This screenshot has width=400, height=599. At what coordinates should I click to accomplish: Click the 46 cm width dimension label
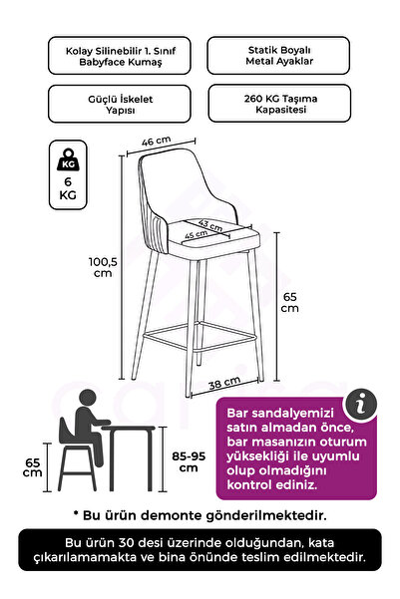click(156, 141)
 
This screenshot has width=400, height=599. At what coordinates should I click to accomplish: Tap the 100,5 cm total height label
click(103, 267)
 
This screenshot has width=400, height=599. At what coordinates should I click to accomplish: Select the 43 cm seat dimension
click(210, 225)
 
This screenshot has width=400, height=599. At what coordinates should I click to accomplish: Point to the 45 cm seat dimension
click(197, 234)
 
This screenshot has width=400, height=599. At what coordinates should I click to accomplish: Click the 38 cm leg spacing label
click(224, 383)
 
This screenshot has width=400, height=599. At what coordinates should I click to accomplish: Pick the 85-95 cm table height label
click(189, 461)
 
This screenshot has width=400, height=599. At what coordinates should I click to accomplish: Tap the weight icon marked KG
click(68, 159)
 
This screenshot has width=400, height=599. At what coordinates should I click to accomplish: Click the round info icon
click(361, 405)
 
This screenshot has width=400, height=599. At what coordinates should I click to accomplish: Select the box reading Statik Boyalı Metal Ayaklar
click(278, 56)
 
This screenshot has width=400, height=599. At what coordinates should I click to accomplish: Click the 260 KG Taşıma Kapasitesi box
click(279, 104)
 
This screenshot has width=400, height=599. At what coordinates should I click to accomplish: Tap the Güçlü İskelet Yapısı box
click(120, 104)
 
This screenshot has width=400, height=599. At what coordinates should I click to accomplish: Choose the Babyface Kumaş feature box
click(120, 56)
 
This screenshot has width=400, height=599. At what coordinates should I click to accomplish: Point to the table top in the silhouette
click(129, 428)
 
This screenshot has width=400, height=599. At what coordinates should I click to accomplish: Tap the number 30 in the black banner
click(127, 542)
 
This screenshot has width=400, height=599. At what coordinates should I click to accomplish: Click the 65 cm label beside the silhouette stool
click(33, 467)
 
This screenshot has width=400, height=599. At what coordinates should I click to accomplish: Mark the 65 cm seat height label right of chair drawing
click(290, 302)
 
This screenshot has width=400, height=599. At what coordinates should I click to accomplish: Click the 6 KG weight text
click(68, 188)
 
